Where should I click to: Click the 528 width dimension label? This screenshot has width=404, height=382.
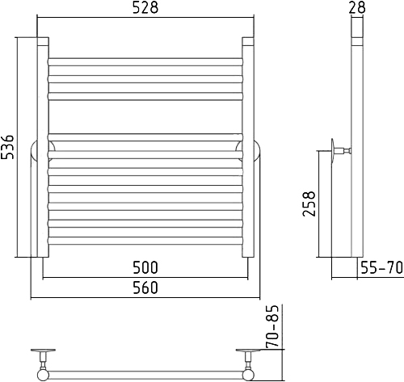click(145, 8)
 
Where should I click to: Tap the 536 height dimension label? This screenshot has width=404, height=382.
click(7, 147)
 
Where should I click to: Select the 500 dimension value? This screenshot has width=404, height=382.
click(145, 267)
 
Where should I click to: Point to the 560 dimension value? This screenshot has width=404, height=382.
click(145, 288)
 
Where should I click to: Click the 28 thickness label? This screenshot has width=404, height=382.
click(357, 7)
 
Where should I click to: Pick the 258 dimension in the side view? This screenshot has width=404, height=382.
click(309, 204)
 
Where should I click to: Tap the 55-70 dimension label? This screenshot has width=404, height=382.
click(381, 267)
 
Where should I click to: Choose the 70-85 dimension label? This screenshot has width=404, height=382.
click(271, 325)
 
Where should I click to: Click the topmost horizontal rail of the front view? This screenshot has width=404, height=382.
click(145, 62)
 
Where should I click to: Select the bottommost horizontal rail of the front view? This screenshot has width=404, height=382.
click(145, 241)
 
